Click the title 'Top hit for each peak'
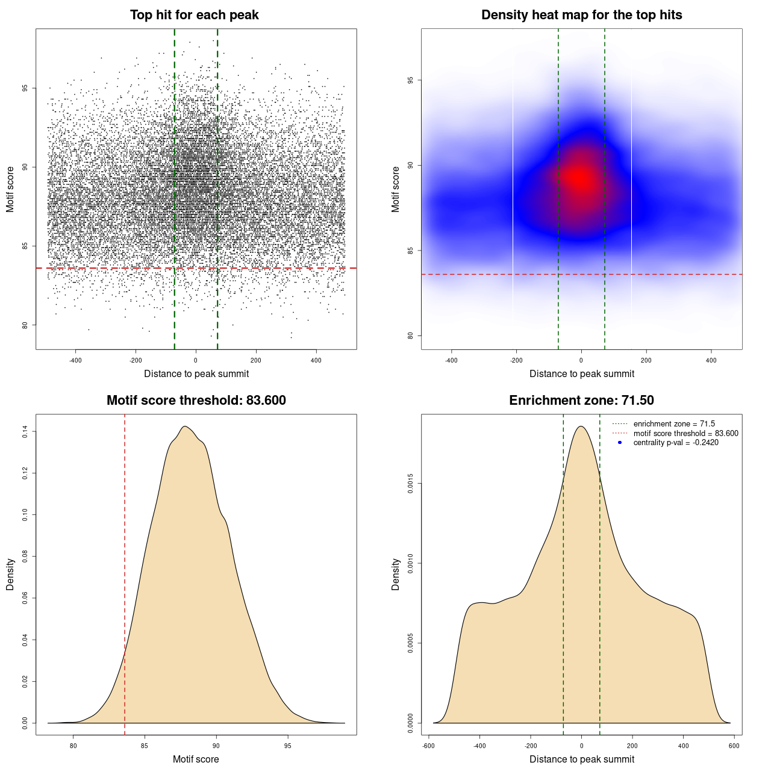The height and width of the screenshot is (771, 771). (x=194, y=15)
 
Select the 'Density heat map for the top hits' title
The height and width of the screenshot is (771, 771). (x=581, y=15)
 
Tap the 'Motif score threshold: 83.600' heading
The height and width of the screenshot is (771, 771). (x=196, y=401)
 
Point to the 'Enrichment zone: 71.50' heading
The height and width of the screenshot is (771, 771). (x=581, y=401)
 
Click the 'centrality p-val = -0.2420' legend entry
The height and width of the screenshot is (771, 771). (x=675, y=443)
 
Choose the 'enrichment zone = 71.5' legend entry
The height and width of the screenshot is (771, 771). (x=674, y=424)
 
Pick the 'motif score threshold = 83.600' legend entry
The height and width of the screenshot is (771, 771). (x=685, y=434)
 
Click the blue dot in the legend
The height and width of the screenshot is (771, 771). (x=620, y=443)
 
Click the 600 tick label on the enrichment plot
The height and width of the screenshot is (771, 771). (x=734, y=746)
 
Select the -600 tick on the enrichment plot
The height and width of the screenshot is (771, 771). (x=429, y=746)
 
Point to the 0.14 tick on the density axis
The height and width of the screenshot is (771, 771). (x=25, y=431)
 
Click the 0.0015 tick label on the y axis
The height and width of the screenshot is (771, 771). (x=410, y=484)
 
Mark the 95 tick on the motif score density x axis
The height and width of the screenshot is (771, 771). (x=287, y=746)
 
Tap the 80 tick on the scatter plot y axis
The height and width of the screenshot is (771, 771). (x=25, y=325)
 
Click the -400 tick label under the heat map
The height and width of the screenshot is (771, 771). (x=451, y=360)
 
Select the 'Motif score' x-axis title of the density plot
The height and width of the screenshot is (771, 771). (x=196, y=759)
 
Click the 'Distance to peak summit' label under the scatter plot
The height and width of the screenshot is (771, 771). (x=196, y=373)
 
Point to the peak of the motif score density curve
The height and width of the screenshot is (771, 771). (x=186, y=427)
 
